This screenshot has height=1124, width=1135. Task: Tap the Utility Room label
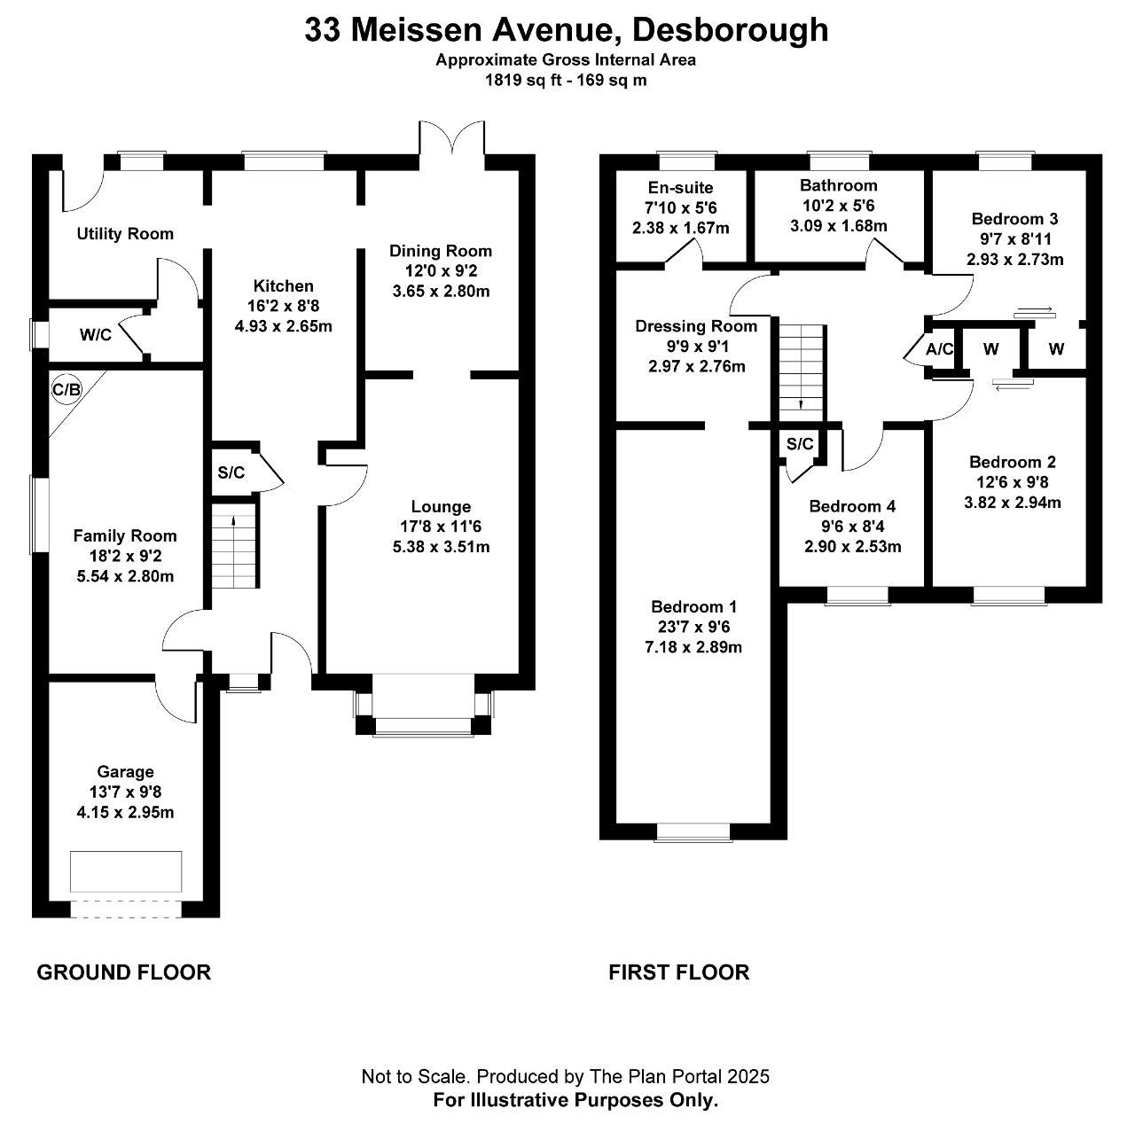click(125, 234)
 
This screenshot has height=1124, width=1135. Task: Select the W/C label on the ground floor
click(96, 335)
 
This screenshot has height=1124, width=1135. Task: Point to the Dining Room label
click(441, 251)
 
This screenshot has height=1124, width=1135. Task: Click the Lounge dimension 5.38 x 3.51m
click(441, 547)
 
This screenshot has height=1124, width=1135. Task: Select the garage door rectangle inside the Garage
click(127, 872)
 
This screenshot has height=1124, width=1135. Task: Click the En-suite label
click(681, 188)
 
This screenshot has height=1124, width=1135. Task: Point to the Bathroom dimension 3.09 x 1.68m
click(839, 226)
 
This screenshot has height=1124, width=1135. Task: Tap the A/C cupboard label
click(940, 349)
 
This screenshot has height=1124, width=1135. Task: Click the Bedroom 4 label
click(853, 506)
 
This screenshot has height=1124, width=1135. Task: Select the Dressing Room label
click(696, 326)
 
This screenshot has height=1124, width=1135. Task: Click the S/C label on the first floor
click(800, 444)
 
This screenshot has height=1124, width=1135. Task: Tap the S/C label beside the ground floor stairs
click(231, 472)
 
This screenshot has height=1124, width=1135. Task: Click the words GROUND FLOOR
click(124, 972)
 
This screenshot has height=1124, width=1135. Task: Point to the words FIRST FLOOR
click(679, 972)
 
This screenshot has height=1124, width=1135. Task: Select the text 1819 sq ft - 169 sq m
click(566, 80)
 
